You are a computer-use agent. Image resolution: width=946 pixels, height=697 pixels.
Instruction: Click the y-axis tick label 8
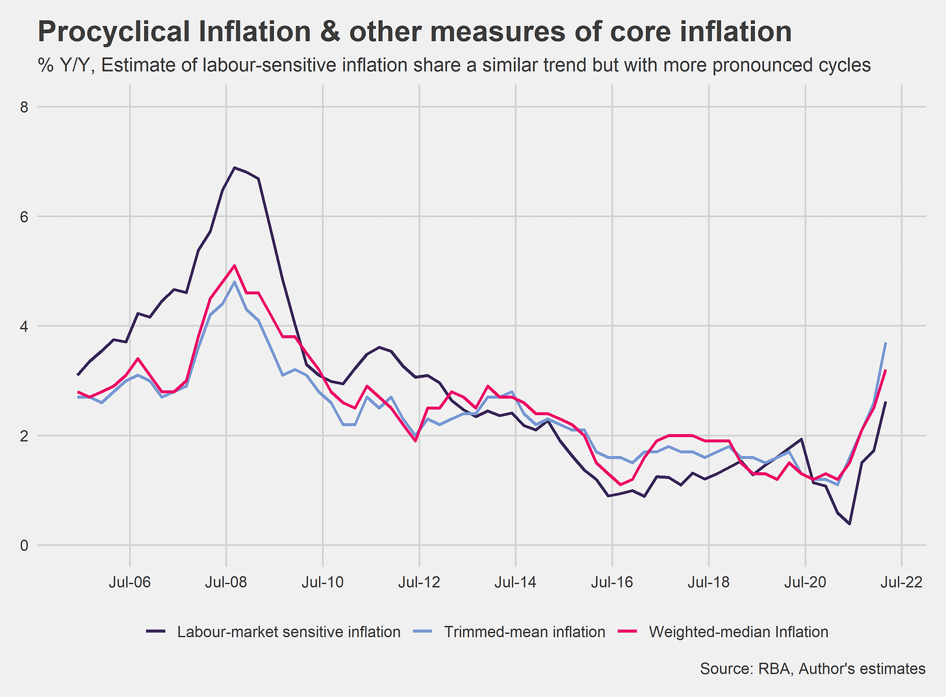tap(24, 107)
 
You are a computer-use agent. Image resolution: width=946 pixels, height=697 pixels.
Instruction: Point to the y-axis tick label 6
tap(24, 217)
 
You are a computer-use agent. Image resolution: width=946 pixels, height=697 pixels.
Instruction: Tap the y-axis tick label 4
tap(24, 326)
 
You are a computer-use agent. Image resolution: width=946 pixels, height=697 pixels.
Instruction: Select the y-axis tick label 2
tap(24, 436)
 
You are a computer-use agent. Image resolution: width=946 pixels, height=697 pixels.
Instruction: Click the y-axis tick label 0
tap(24, 546)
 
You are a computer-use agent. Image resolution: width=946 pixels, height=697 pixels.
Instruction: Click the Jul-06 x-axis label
tap(130, 582)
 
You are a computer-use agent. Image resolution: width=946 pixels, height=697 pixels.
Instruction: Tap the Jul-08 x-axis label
tap(226, 582)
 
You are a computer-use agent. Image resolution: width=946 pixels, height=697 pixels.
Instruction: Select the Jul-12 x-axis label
tap(419, 582)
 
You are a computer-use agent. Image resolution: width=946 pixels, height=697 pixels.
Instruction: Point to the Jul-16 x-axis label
tap(612, 582)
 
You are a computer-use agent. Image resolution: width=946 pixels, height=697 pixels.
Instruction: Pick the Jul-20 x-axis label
tap(805, 582)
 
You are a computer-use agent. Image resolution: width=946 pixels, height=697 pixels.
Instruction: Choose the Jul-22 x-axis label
tap(901, 582)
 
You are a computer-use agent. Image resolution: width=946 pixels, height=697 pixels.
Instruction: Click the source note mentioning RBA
tap(812, 668)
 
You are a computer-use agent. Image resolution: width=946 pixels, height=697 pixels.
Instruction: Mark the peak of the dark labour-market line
tap(235, 168)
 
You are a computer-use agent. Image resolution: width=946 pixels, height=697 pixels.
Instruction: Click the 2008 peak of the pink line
tap(234, 265)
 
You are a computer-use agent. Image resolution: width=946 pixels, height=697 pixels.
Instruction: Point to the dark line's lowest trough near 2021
tap(849, 524)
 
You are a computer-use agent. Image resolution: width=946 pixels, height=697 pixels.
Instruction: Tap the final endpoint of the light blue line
tap(886, 343)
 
